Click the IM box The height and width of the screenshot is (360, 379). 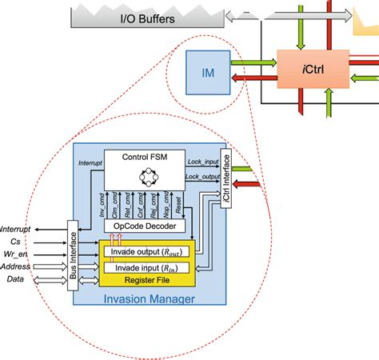click(206, 73)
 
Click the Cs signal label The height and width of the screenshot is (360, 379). click(15, 240)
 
